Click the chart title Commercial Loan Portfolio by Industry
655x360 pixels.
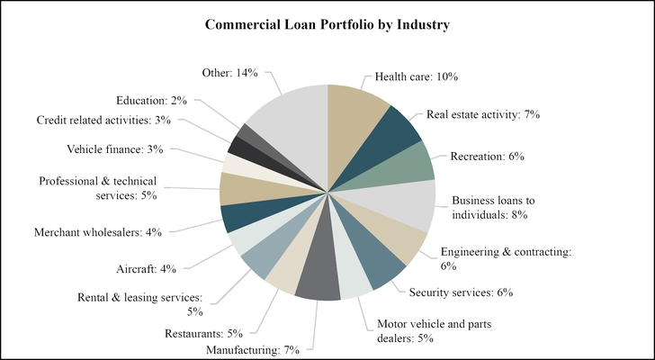click(327, 24)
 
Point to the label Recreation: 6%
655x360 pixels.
click(487, 156)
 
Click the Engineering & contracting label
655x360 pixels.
click(506, 259)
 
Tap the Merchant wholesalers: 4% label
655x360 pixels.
click(97, 232)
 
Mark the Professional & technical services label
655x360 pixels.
click(99, 188)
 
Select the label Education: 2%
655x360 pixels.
click(151, 100)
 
